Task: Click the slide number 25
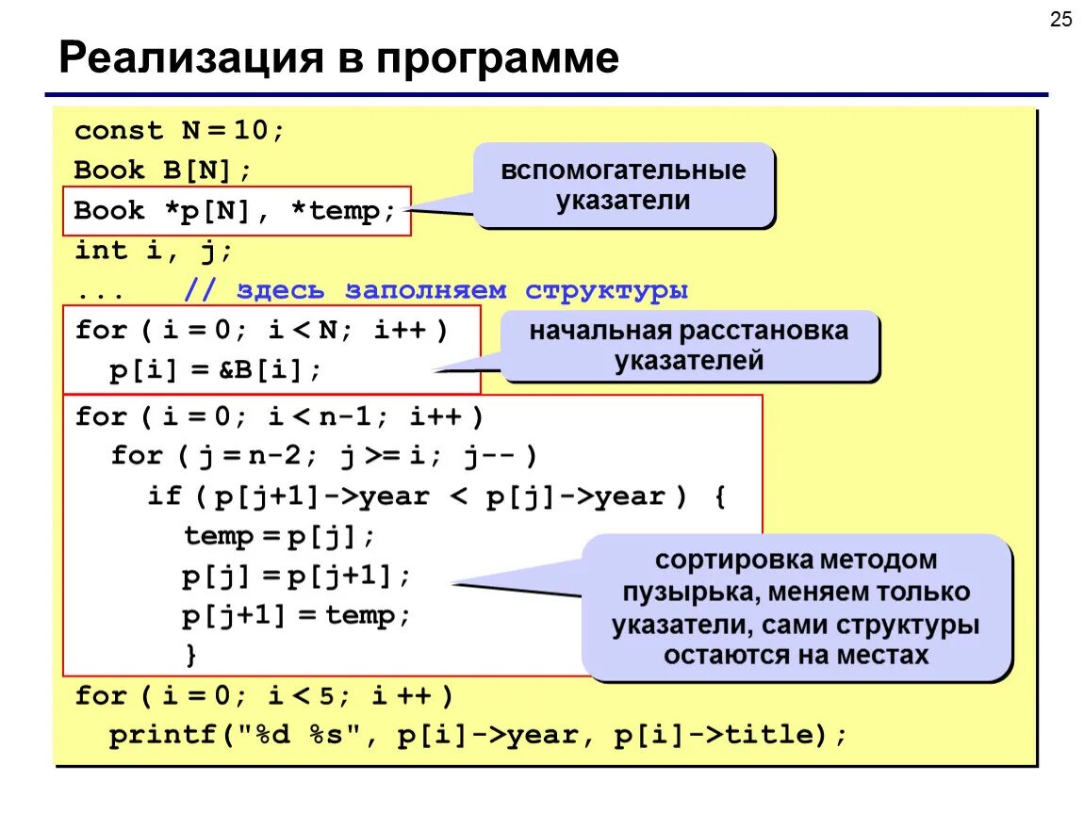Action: [x=1061, y=20]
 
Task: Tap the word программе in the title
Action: [x=499, y=58]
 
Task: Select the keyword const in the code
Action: [x=119, y=131]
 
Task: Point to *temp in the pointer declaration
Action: [x=344, y=211]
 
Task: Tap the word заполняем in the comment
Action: [x=425, y=290]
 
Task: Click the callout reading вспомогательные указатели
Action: [x=623, y=186]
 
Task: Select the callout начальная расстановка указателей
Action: [x=689, y=346]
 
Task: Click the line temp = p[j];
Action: [x=279, y=537]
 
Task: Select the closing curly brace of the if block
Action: [x=192, y=654]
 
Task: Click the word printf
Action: [x=164, y=736]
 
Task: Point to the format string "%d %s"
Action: [x=305, y=736]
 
